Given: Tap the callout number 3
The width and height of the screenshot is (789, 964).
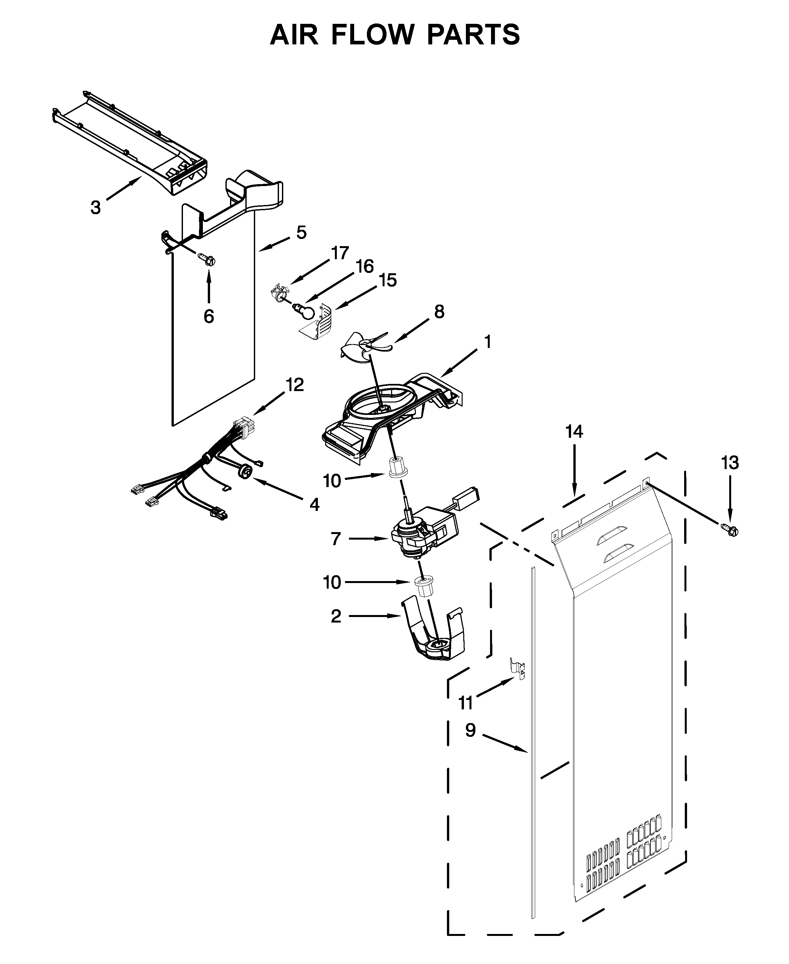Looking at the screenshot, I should point(95,208).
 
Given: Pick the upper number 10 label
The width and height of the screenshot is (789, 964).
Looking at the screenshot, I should point(332,481).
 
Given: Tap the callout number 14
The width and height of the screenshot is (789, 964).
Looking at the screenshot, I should point(574,431).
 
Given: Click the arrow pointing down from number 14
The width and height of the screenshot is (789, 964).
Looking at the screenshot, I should point(574,472).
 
